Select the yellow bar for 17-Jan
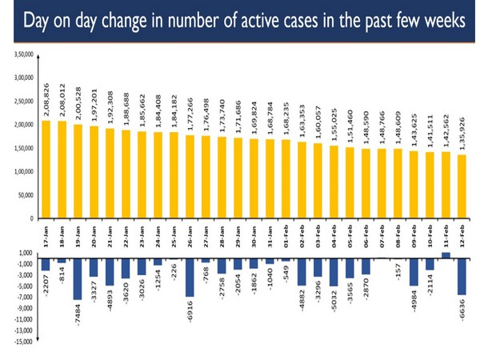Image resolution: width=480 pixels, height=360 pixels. tap(46, 169)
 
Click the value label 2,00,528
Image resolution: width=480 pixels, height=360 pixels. tap(77, 101)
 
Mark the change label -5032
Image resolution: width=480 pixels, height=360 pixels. tap(334, 308)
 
